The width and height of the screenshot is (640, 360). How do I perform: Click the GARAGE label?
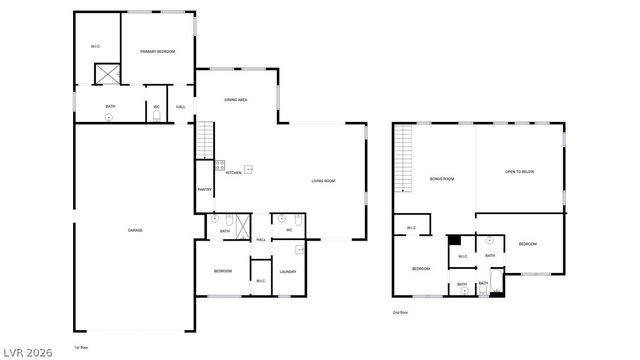(x=135, y=231)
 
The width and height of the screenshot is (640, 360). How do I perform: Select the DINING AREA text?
(x=236, y=100)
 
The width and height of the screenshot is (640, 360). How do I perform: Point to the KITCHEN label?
(x=233, y=173)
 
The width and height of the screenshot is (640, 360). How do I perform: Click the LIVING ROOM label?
(x=323, y=181)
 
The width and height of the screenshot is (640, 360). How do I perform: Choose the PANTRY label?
(x=204, y=190)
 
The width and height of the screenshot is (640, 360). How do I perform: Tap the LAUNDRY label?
(x=288, y=272)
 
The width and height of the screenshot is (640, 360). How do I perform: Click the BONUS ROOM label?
(x=442, y=179)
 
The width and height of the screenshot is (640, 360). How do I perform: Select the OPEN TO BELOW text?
(x=520, y=172)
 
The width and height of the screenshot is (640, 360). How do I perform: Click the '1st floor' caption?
(x=82, y=347)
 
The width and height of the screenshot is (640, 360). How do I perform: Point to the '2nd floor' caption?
(x=400, y=312)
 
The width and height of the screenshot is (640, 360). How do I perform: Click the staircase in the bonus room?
(x=405, y=160)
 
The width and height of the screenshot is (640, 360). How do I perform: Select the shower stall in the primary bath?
(x=106, y=75)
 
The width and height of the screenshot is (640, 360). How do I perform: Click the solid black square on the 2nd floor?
(x=454, y=240)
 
